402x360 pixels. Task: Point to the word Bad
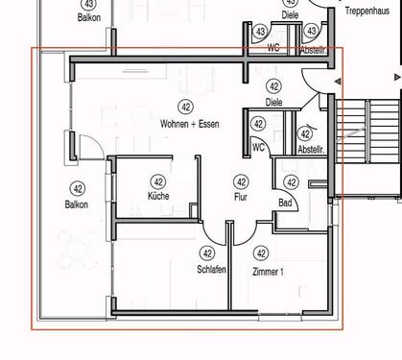pos(285,203)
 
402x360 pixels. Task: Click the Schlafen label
pos(212,271)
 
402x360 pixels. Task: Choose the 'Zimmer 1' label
pos(267,272)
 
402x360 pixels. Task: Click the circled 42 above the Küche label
pos(158,180)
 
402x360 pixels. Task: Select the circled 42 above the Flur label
pos(241,181)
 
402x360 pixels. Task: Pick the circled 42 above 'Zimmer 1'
pos(260,253)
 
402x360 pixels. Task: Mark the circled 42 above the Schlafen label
pos(206,253)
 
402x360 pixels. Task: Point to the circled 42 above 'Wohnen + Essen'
pos(186,106)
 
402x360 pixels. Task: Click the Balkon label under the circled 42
pos(77,204)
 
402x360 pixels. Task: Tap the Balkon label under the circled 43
pos(89,17)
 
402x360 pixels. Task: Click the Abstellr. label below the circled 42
pos(312,150)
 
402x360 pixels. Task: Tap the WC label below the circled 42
pos(258,147)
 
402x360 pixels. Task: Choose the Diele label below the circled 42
pos(274,102)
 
